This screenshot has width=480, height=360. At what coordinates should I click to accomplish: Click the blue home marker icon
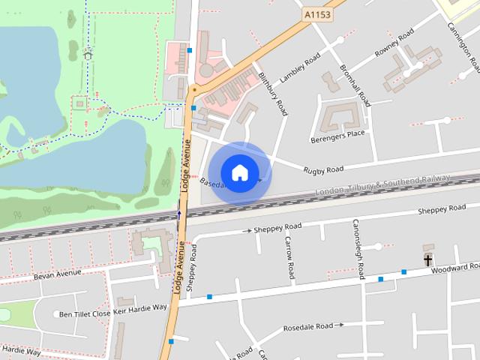(x=239, y=173)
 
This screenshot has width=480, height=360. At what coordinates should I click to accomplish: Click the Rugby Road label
(x=323, y=170)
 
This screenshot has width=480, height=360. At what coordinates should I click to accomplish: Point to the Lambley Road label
(x=299, y=68)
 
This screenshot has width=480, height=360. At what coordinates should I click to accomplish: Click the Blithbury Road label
(x=273, y=94)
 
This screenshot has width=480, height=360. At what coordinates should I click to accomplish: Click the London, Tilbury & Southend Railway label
(x=382, y=186)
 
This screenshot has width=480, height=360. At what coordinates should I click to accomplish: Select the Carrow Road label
(x=289, y=258)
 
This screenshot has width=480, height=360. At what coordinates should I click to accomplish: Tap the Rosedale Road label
(x=307, y=328)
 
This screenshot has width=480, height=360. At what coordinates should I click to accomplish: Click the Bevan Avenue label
(x=56, y=274)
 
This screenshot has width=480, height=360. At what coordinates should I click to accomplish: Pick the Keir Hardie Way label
(x=139, y=307)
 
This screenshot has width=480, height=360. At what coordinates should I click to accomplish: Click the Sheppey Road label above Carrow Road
(x=277, y=226)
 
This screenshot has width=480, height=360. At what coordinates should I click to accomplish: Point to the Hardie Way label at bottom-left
(x=20, y=350)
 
